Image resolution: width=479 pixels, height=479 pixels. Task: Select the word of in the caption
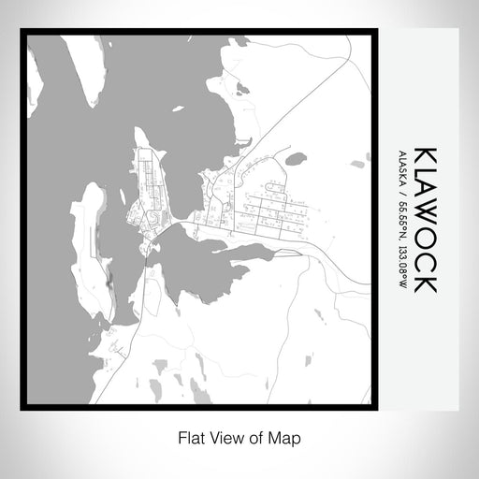point(257,436)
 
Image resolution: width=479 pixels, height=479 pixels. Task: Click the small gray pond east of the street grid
point(296,158)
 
